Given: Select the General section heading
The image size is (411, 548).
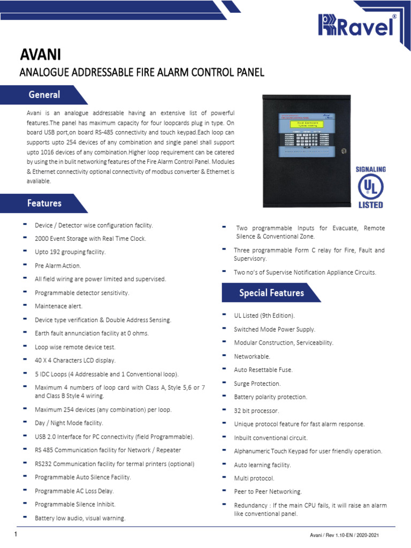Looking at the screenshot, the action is (44, 95).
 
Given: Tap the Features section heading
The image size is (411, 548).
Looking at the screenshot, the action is (44, 203).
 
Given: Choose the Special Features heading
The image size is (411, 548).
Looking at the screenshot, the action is (271, 293).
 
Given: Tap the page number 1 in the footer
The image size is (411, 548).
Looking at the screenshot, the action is (16, 535).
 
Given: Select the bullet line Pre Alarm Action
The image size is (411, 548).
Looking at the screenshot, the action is (58, 265).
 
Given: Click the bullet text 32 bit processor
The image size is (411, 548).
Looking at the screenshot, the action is (256, 410).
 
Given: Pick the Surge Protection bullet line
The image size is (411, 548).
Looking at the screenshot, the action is (257, 384).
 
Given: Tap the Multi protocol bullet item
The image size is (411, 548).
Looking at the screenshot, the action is (254, 478).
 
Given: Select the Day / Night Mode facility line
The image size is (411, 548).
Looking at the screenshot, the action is (68, 423).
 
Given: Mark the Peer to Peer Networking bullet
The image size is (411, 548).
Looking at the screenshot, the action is (268, 491).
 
